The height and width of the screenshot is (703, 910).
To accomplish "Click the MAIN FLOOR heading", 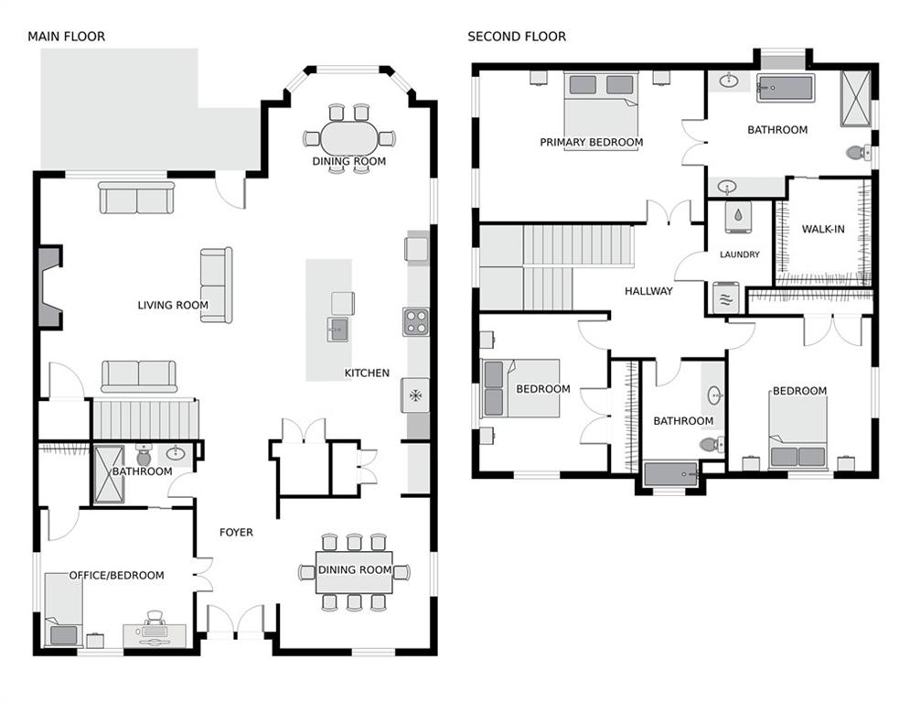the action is click(x=66, y=37).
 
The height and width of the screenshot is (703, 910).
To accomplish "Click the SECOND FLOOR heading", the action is click(x=517, y=37).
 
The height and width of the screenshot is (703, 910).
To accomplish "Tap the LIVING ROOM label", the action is click(x=172, y=305).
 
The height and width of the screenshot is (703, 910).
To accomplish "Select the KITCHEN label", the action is click(x=367, y=373).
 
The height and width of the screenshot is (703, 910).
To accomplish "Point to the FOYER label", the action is click(x=236, y=532).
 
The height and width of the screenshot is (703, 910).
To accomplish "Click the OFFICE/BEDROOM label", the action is click(x=117, y=575).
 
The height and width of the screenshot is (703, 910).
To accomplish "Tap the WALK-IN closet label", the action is click(x=823, y=229).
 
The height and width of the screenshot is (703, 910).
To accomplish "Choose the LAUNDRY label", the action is click(x=739, y=254).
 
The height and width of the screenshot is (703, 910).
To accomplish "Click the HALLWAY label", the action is click(x=648, y=291).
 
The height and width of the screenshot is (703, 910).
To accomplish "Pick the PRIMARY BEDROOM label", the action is click(x=592, y=143).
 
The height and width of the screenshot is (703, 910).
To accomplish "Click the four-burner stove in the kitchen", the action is click(x=416, y=322).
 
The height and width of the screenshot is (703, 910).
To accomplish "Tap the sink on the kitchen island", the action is click(x=337, y=330).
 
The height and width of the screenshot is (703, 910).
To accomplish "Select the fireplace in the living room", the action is click(x=50, y=287).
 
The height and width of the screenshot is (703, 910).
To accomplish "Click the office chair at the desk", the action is click(x=155, y=617).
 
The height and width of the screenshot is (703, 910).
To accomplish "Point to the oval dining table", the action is click(x=349, y=138).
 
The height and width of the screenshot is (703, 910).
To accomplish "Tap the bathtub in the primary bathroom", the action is click(x=786, y=88).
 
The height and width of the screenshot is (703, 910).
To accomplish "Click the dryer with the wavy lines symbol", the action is click(x=726, y=297).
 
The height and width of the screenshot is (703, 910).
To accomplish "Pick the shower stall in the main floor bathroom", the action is click(x=109, y=474).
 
